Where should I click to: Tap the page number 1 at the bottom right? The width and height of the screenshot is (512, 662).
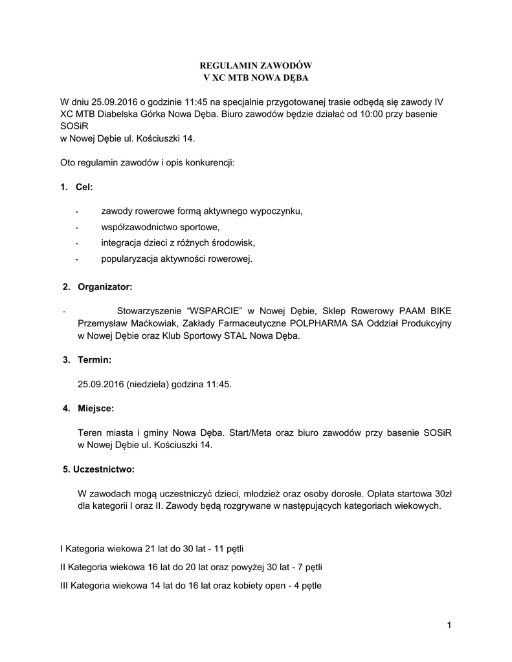coord(448,625)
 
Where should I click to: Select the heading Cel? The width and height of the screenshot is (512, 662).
coord(85,187)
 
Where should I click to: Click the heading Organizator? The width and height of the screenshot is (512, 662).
coord(105,286)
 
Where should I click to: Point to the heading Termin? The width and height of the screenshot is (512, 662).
coord(95,359)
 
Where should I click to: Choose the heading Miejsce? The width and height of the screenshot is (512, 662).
coord(96,409)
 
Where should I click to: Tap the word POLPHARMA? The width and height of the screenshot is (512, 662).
coord(320,323)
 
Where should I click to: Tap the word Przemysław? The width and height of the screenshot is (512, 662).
coord(102,323)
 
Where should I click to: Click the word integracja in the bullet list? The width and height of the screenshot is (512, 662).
coord(122,243)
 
